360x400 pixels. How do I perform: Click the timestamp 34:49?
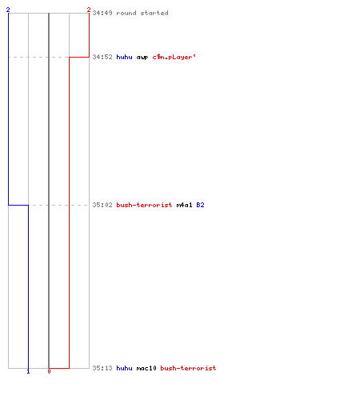point(102,13)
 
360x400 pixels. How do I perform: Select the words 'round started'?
point(142,13)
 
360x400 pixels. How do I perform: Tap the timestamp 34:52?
point(102,57)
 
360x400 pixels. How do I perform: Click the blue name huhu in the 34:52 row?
point(124,57)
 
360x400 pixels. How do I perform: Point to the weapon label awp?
point(142,58)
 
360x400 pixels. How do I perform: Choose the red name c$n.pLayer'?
point(174,57)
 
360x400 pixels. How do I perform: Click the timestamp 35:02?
point(102,205)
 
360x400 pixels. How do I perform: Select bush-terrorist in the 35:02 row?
point(144,205)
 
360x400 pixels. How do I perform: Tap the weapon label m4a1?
point(184,205)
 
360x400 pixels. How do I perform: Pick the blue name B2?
point(200,205)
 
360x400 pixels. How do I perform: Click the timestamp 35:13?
point(102,368)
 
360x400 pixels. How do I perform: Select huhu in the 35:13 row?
point(124,368)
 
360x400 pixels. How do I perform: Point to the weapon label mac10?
point(146,368)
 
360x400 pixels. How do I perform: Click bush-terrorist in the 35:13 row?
point(188,368)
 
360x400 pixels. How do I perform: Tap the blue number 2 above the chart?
point(8,10)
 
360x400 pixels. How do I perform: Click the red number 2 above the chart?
point(89,10)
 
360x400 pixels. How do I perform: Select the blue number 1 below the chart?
point(28,371)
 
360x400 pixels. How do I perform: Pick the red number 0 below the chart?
point(49,371)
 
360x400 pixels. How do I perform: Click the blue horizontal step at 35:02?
point(18,205)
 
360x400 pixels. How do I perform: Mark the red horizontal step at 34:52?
point(79,57)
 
